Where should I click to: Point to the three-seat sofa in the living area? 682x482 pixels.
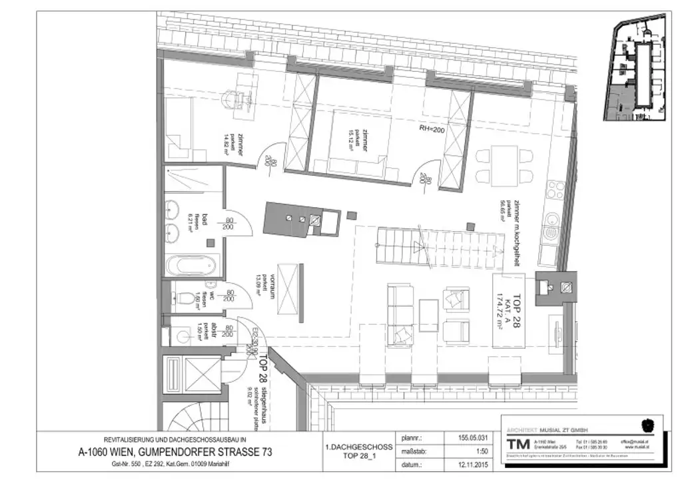401,312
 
